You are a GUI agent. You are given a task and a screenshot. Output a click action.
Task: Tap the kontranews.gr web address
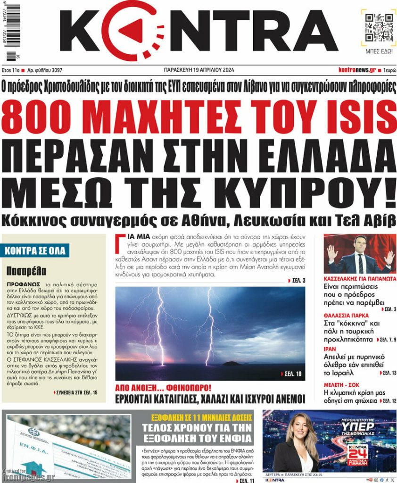pyautogui.click(x=357, y=70)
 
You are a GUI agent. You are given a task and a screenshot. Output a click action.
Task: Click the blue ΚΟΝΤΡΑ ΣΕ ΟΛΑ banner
pyautogui.click(x=36, y=250)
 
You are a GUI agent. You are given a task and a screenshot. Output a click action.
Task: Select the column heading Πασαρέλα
pyautogui.click(x=26, y=271)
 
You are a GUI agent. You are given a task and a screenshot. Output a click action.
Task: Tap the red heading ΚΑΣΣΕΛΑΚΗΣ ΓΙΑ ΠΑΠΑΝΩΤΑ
pyautogui.click(x=360, y=279)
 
